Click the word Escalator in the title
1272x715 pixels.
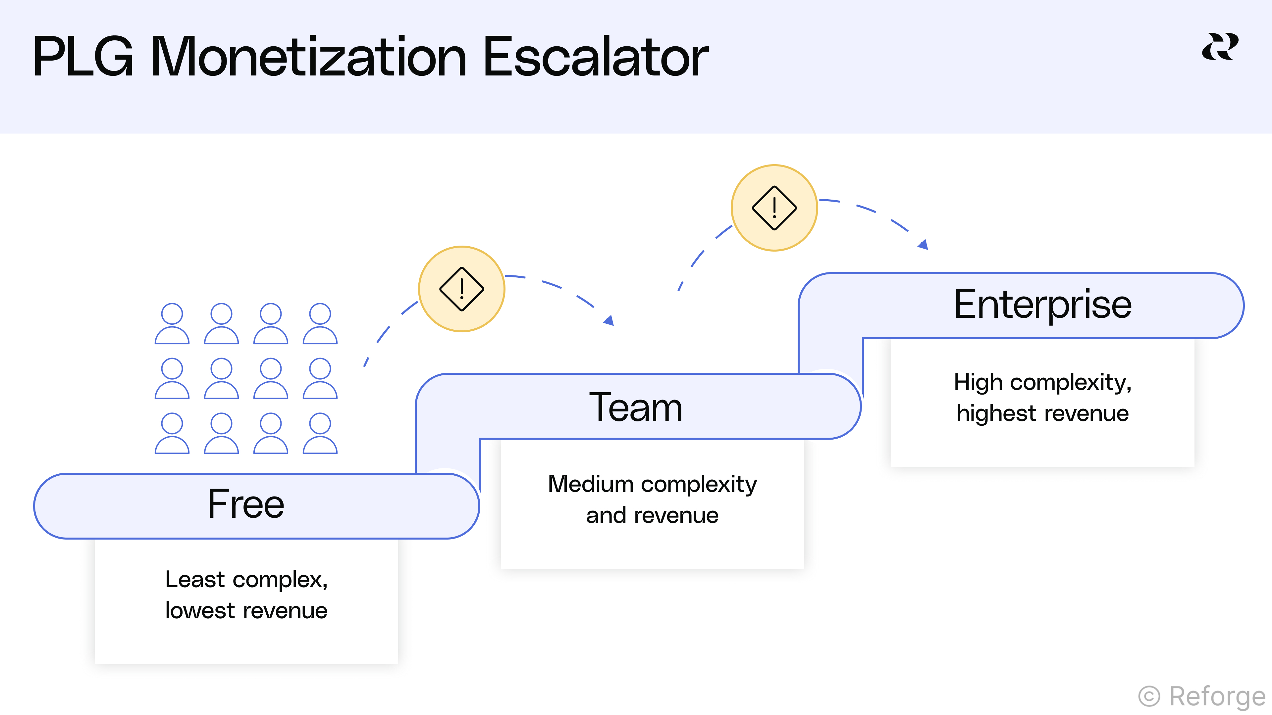(x=596, y=57)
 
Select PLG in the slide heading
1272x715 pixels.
(x=83, y=57)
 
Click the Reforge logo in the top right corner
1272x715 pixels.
(x=1220, y=47)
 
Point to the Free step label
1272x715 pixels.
(x=246, y=504)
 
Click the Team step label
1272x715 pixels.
(x=636, y=407)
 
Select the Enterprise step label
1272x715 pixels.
(x=1042, y=305)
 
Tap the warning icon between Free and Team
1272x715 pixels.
(x=462, y=289)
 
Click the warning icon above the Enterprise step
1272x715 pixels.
(x=774, y=208)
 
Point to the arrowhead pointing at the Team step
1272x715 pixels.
(x=609, y=321)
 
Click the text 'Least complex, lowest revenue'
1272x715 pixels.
(x=246, y=595)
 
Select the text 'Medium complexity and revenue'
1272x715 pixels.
(x=652, y=500)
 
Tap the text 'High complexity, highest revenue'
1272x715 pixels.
(x=1042, y=398)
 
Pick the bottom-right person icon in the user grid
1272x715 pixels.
(x=320, y=433)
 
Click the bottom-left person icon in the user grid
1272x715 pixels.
(x=172, y=433)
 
